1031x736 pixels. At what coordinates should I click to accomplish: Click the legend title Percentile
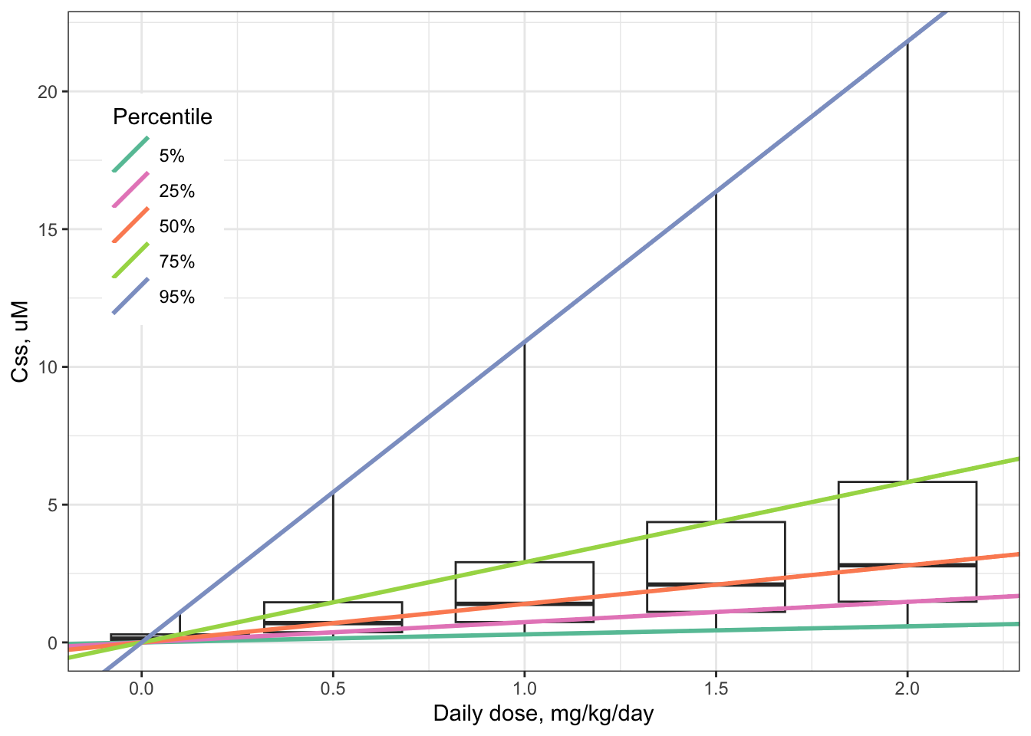click(162, 117)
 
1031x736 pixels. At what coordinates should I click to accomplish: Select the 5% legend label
click(172, 156)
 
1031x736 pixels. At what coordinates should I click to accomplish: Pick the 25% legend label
click(176, 192)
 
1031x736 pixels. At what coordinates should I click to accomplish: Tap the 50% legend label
click(176, 227)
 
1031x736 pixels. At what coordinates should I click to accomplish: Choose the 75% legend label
click(176, 262)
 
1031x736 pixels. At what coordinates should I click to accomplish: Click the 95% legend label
click(176, 297)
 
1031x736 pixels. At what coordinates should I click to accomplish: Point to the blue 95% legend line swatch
click(130, 296)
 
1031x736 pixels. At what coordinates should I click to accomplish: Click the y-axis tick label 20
click(48, 92)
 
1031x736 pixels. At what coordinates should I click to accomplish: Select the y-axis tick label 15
click(48, 229)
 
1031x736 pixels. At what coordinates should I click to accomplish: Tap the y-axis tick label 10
click(48, 367)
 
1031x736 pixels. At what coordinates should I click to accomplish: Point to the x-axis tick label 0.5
click(332, 688)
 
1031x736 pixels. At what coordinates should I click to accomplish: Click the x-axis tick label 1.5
click(715, 688)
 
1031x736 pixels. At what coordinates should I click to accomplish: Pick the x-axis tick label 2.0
click(907, 688)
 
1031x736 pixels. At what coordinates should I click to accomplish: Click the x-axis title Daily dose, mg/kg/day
click(543, 715)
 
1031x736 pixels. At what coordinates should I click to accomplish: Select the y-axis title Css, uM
click(21, 342)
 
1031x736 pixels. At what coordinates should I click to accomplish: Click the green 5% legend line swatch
click(130, 155)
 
